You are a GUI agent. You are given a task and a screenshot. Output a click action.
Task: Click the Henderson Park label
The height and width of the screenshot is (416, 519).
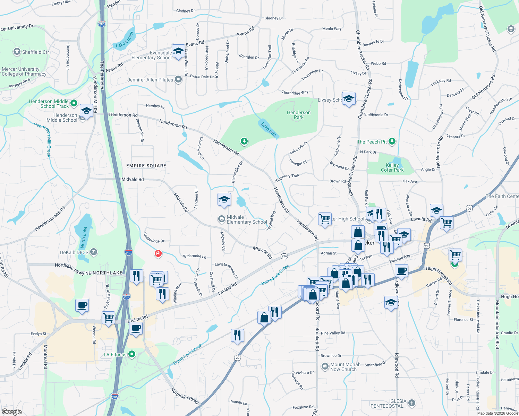pos(299,115)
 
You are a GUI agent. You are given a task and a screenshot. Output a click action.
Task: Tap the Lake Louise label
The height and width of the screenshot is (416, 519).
pos(125,40)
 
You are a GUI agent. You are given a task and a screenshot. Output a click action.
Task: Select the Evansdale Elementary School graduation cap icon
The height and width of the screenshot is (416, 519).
pos(178,51)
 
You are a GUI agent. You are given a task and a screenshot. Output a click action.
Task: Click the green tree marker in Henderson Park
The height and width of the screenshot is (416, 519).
pos(244,141)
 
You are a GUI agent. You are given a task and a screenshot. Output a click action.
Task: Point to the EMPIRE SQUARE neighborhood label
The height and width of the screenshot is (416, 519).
pos(146,166)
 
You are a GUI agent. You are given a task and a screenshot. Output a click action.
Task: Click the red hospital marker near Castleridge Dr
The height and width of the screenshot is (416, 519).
pos(158,254)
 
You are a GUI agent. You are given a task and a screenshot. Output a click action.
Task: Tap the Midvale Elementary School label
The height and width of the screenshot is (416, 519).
pos(247,219)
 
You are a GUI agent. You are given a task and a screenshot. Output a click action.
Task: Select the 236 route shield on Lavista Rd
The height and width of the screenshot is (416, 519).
pos(284,256)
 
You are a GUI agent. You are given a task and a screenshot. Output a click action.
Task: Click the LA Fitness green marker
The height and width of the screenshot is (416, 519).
pos(132,354)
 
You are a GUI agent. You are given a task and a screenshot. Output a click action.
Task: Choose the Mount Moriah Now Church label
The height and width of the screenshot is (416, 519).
pos(345,367)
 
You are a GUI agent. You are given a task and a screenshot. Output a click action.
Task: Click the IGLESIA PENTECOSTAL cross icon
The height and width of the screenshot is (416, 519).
pos(412,403)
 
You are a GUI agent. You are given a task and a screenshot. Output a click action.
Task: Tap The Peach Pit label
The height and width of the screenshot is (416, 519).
pos(372,142)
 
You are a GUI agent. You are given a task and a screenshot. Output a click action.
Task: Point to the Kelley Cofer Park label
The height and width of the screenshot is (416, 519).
pos(392,167)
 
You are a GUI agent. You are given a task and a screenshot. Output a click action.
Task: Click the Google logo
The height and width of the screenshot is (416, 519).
pos(11,411)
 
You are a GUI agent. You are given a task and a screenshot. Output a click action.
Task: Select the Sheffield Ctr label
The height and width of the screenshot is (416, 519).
pos(35,52)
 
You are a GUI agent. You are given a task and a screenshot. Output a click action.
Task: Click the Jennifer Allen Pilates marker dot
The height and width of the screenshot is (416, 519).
pos(178,80)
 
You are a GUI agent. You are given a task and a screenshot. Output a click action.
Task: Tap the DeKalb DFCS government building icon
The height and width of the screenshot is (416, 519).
pos(94,252)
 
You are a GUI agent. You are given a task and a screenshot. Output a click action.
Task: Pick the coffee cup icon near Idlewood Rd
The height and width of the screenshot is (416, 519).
pos(401,271)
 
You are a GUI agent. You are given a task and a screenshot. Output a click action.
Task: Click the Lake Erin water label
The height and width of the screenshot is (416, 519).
pos(269,129)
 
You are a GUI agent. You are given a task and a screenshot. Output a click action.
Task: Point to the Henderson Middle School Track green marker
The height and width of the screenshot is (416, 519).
pos(74,103)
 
